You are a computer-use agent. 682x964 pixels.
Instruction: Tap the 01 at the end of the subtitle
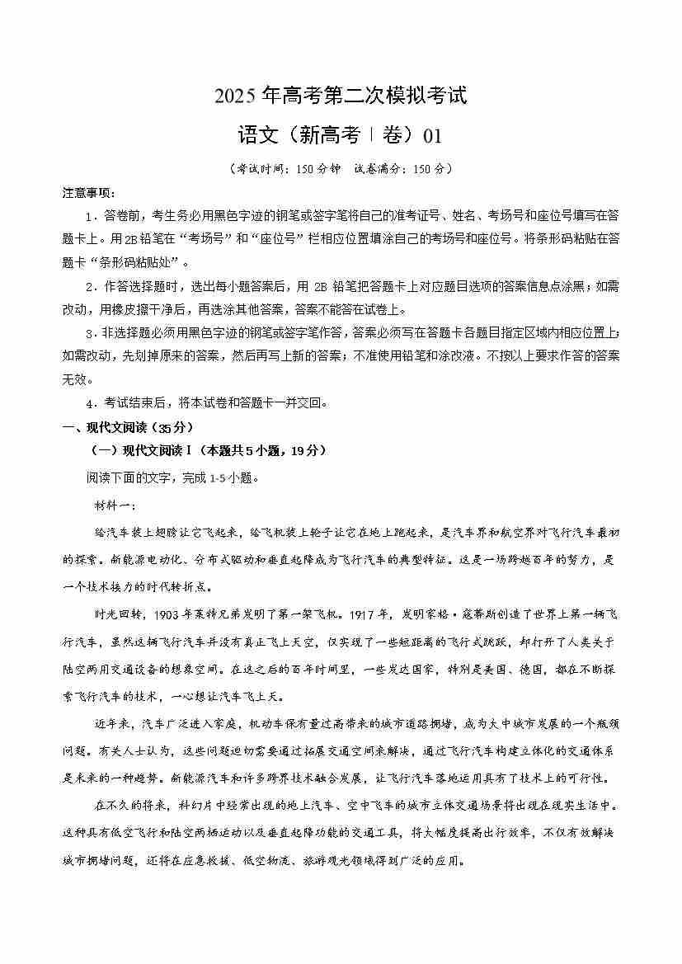[x=431, y=134]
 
